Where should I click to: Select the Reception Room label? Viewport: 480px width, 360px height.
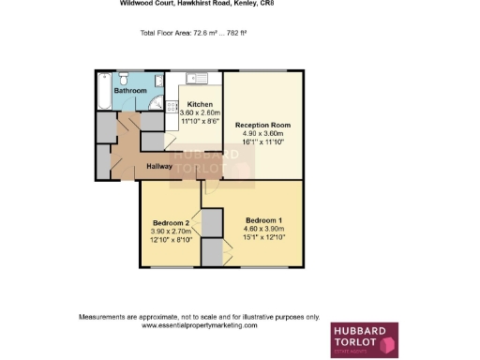coord(262,125)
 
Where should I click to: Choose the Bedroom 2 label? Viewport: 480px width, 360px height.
coord(171,222)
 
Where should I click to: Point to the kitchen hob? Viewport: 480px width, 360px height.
coord(173,106)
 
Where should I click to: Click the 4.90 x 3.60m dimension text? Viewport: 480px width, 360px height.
coord(262,133)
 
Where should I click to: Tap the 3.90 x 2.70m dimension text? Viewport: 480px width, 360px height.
coord(171,232)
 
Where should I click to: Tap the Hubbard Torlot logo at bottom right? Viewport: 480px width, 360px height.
coord(364,340)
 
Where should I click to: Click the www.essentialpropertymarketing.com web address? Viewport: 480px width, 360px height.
coord(199,324)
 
